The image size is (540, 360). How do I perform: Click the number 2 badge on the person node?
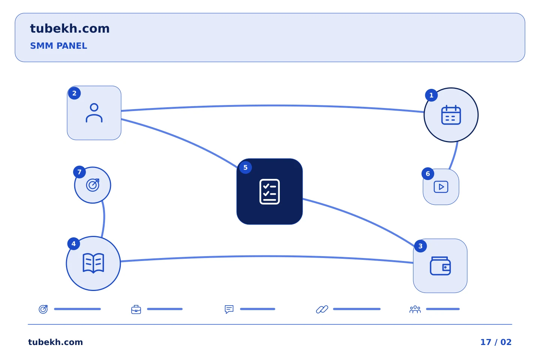click(x=74, y=93)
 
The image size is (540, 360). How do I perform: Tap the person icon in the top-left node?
click(x=94, y=113)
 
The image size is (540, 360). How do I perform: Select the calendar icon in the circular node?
click(x=451, y=115)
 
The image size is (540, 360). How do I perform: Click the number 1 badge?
click(x=431, y=95)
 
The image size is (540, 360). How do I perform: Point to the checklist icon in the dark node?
click(x=270, y=192)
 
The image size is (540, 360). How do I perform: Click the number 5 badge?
click(x=245, y=168)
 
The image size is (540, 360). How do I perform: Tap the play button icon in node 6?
click(x=441, y=187)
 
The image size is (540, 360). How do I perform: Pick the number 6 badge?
click(x=428, y=174)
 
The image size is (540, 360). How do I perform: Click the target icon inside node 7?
click(x=93, y=185)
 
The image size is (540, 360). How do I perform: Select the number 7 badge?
click(x=79, y=172)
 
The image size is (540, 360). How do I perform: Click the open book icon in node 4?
click(x=93, y=263)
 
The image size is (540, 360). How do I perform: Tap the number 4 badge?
click(x=73, y=244)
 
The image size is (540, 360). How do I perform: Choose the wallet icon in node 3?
click(x=440, y=266)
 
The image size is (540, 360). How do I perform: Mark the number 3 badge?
click(x=420, y=246)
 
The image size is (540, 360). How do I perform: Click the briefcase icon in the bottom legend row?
click(x=136, y=309)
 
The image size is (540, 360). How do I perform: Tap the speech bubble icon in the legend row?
click(x=229, y=309)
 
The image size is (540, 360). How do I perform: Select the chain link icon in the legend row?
click(x=322, y=309)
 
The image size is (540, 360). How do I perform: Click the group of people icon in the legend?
click(x=415, y=309)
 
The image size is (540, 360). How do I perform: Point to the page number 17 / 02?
click(x=496, y=342)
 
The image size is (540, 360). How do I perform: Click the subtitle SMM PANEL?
click(x=58, y=46)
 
